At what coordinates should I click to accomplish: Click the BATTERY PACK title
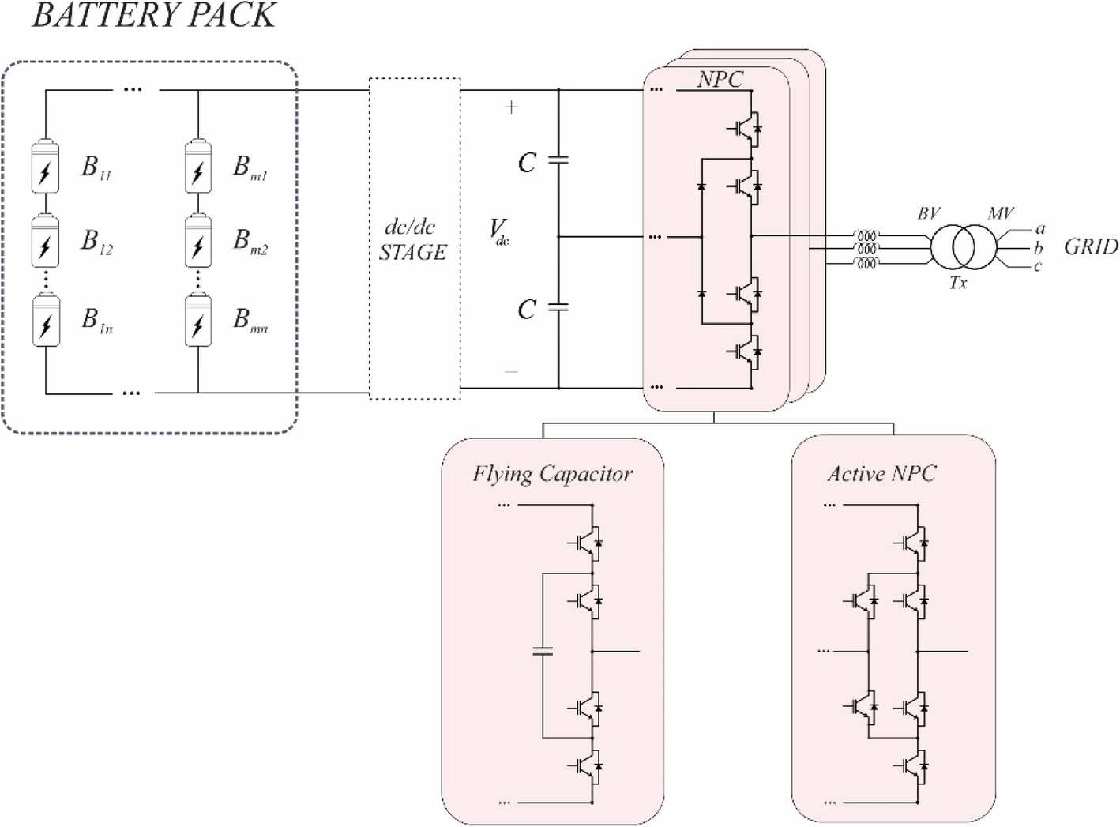point(154,16)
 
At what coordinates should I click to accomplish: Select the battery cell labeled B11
point(45,167)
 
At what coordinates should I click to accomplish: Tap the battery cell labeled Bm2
point(197,240)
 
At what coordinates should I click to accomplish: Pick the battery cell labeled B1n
point(45,320)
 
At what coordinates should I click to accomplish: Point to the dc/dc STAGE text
point(413,240)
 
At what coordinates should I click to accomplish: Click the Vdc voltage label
point(499,231)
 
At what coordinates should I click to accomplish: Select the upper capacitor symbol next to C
point(558,160)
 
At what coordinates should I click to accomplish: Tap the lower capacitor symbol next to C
point(558,306)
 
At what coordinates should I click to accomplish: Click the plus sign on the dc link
point(511,107)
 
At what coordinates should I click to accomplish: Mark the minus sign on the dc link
point(511,371)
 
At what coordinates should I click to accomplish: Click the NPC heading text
point(720,79)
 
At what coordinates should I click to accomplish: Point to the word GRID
point(1091,247)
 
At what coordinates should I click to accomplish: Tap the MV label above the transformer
point(1000,213)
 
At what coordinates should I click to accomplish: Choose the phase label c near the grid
point(1038,266)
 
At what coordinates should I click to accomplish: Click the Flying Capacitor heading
point(552,474)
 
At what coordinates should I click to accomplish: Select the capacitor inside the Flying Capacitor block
point(543,652)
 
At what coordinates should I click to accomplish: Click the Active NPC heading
point(881,474)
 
